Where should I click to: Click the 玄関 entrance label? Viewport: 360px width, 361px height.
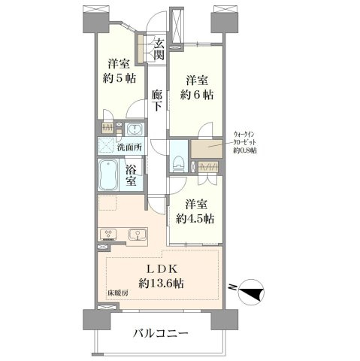click(159, 50)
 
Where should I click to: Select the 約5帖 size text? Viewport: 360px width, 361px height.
click(119, 78)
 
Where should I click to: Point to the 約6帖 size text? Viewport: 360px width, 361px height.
click(197, 95)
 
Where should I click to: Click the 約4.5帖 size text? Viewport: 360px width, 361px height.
click(195, 219)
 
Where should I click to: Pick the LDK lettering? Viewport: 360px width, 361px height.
click(162, 269)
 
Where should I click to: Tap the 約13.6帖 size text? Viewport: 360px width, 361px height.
click(162, 284)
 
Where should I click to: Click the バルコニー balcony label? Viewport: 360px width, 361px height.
click(161, 333)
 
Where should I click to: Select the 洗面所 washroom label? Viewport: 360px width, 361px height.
click(129, 147)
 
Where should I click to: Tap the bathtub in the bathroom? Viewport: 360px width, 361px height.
click(108, 175)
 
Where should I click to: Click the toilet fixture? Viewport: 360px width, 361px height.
click(178, 163)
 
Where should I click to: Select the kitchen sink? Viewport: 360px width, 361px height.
click(138, 235)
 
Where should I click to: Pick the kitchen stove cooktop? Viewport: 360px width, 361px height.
click(108, 234)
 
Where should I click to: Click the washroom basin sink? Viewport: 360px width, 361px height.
click(135, 130)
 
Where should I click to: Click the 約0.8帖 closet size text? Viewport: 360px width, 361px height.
click(244, 150)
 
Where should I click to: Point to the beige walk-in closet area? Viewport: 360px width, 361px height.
click(207, 149)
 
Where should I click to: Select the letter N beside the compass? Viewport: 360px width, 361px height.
click(233, 287)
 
